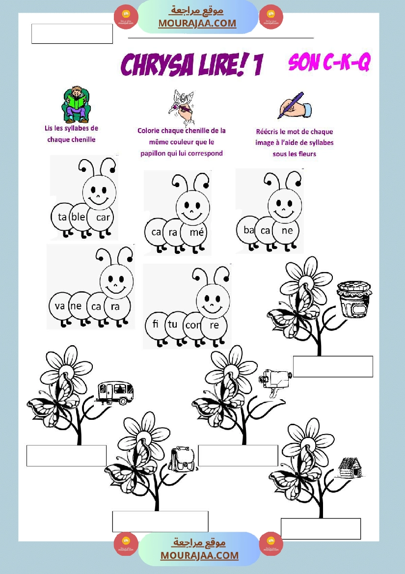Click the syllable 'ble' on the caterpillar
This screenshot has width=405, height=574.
[78, 217]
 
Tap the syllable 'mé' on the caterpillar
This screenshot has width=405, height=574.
[197, 232]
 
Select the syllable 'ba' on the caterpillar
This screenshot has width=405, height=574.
[249, 230]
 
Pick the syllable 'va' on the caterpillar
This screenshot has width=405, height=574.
[59, 306]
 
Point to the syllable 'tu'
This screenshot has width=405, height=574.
[173, 324]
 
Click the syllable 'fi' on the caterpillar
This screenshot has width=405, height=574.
[156, 324]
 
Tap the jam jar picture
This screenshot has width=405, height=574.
[353, 299]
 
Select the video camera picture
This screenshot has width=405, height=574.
[275, 382]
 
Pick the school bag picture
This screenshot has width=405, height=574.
[182, 459]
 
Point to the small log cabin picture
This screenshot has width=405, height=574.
[350, 468]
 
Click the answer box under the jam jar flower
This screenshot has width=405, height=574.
[333, 366]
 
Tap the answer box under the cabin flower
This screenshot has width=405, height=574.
[321, 529]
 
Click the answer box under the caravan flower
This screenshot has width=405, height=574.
[67, 456]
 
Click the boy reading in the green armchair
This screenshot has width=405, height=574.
[76, 105]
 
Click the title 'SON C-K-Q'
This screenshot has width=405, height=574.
[329, 62]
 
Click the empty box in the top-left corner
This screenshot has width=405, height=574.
[72, 34]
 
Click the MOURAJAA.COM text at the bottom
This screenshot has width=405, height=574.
[199, 555]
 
